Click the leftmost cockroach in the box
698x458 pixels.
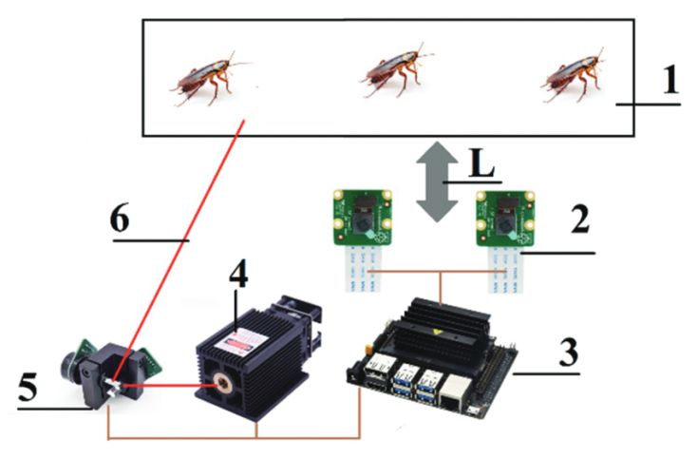(x=209, y=79)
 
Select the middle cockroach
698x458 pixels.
(x=396, y=70)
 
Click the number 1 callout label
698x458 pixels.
(x=670, y=80)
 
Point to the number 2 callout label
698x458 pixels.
(x=580, y=219)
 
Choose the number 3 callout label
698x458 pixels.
(x=569, y=352)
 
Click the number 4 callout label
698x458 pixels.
(x=238, y=273)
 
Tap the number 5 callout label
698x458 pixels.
(x=28, y=387)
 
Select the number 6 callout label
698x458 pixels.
(x=120, y=219)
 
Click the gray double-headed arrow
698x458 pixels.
(x=437, y=181)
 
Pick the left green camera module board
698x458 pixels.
(x=363, y=218)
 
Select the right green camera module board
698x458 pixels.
(x=505, y=219)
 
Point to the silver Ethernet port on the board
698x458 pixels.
(x=455, y=392)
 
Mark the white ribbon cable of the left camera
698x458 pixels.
(x=364, y=269)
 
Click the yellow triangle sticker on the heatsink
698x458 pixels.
(x=435, y=332)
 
